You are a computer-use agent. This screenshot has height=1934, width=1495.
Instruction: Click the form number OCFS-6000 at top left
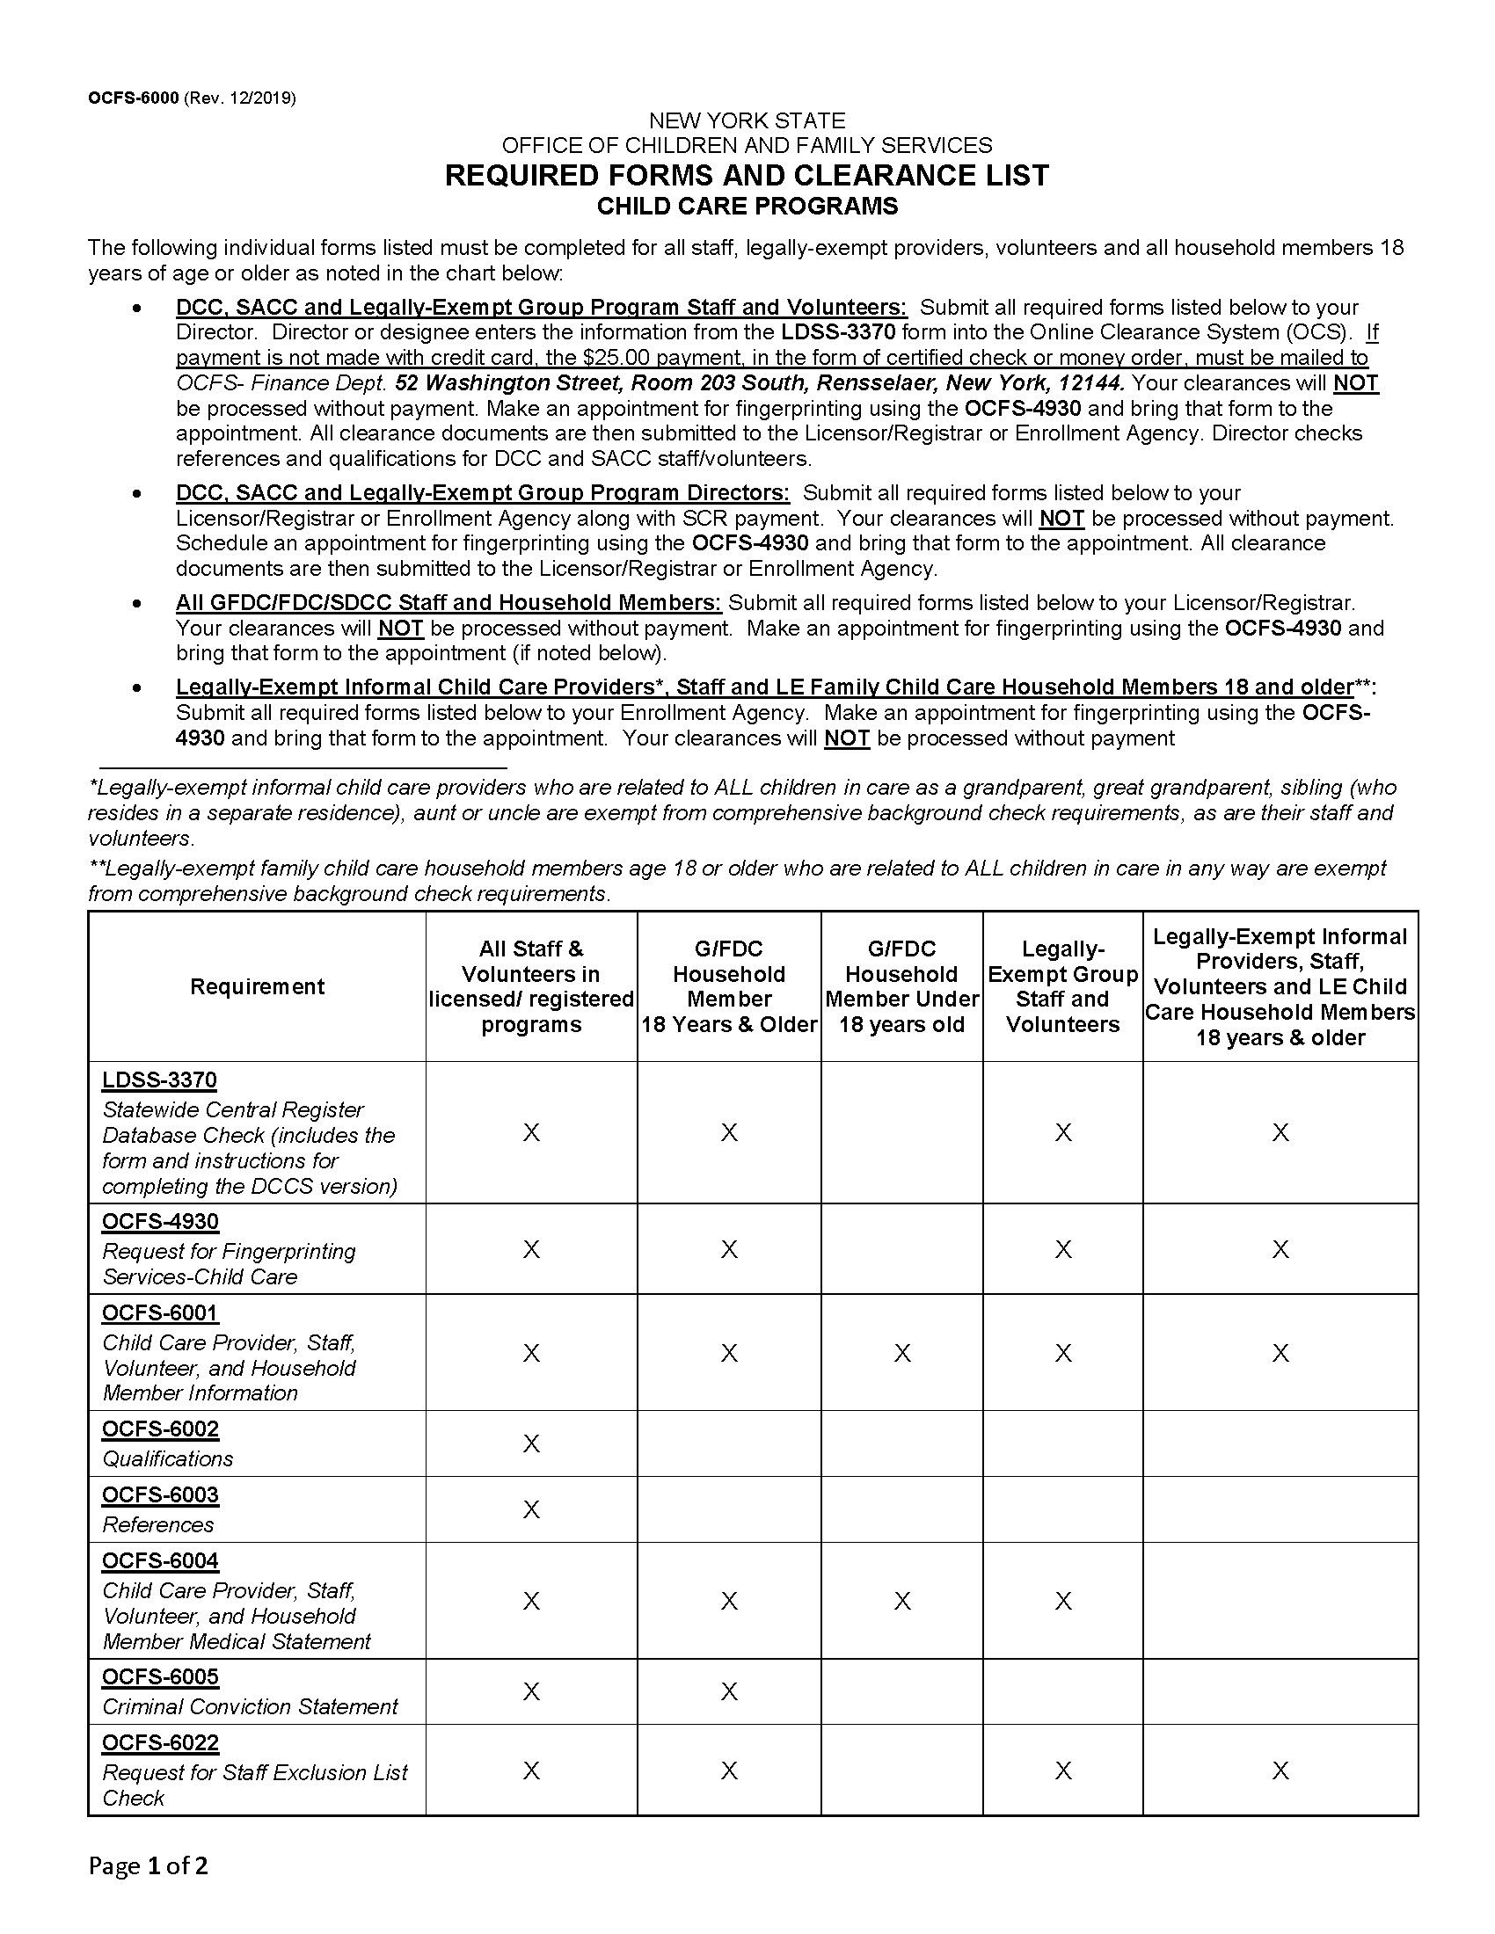pos(133,98)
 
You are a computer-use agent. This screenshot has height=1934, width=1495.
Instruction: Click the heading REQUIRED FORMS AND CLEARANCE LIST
pos(747,175)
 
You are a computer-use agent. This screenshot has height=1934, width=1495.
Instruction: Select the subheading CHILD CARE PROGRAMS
pos(747,207)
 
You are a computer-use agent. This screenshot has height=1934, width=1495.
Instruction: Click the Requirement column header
pos(257,986)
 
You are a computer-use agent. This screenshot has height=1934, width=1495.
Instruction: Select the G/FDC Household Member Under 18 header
pos(901,986)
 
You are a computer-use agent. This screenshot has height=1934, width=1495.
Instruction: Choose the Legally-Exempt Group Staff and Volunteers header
pos(1062,986)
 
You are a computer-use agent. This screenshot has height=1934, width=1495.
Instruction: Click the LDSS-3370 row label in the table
pos(159,1080)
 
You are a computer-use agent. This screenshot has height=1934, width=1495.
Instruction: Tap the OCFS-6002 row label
pos(160,1429)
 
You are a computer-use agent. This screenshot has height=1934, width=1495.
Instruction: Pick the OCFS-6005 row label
pos(160,1677)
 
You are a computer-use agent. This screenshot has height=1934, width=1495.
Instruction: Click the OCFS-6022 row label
pos(160,1742)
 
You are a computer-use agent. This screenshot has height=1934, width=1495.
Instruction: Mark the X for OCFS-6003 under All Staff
pos(530,1509)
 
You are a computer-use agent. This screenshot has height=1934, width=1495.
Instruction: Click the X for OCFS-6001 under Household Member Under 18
pos(901,1353)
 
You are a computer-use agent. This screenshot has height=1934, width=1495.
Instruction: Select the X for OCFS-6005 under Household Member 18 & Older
pos(728,1692)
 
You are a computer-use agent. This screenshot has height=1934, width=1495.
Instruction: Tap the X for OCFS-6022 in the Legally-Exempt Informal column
pos(1280,1771)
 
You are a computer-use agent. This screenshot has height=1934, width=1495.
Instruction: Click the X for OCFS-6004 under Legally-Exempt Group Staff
pos(1063,1601)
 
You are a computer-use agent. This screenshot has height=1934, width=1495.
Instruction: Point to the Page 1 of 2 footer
pos(148,1865)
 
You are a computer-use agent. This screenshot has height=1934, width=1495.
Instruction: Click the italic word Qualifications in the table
pos(167,1458)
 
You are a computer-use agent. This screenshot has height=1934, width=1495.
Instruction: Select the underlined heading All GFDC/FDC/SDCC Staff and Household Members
pos(448,603)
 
